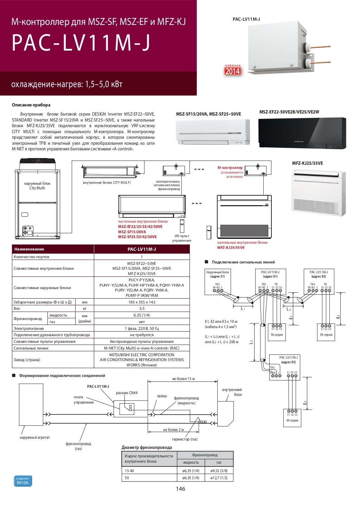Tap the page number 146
click(x=180, y=489)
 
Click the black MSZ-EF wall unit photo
click(x=302, y=134)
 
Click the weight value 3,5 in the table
click(x=142, y=308)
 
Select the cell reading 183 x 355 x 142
click(x=142, y=302)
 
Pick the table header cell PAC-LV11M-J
click(x=142, y=249)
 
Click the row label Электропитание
click(x=29, y=328)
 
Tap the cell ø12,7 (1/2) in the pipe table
click(x=219, y=478)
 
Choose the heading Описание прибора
click(x=31, y=105)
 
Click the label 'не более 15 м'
click(x=183, y=379)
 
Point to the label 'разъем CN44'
click(x=127, y=393)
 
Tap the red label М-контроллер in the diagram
click(x=230, y=168)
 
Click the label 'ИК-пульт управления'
click(x=181, y=238)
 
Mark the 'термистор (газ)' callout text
click(x=185, y=439)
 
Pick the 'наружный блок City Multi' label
click(x=37, y=185)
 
